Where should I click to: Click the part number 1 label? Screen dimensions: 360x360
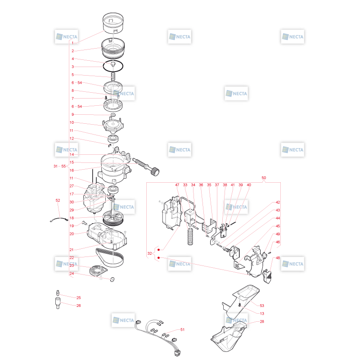73,43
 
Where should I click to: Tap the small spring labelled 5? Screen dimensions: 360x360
113,76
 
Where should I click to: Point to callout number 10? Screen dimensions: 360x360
72,122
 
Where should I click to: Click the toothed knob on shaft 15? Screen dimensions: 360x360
155,172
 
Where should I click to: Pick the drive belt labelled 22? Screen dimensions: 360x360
110,257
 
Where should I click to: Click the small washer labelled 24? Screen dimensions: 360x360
112,279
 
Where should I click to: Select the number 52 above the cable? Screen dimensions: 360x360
58,200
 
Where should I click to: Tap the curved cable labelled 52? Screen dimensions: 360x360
59,219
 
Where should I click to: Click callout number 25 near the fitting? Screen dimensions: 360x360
78,297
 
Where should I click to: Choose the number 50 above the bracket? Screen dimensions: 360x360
264,178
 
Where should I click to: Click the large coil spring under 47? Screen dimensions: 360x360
190,237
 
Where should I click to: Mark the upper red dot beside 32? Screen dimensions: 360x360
159,250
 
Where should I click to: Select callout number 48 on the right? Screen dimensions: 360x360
278,258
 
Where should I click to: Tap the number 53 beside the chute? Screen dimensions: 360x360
262,306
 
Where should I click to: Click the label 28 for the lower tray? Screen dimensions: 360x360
262,321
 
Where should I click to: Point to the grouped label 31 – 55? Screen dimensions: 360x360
60,166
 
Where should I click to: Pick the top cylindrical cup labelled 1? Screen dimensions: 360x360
113,22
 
